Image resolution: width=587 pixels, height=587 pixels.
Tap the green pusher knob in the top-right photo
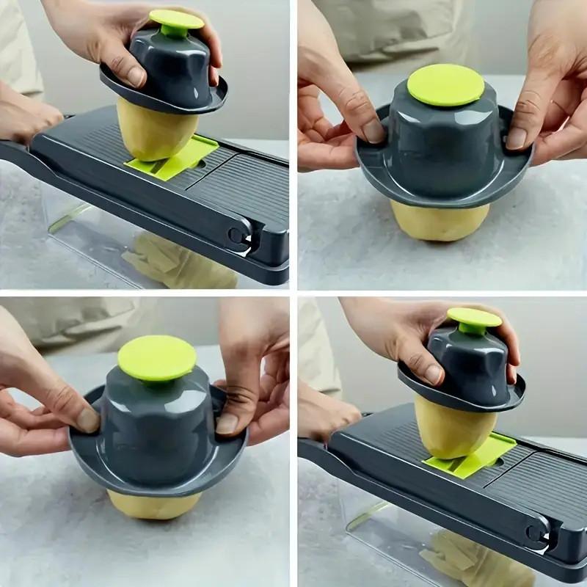(x=445, y=84)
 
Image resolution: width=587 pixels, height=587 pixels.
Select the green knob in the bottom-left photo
(x=156, y=358)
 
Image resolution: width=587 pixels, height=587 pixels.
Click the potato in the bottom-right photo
(x=453, y=426)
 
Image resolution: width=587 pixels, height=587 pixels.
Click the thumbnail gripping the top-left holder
(x=135, y=75)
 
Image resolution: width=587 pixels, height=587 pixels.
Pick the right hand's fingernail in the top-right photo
(x=517, y=138)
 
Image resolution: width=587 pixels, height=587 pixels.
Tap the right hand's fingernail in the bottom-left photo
(x=227, y=423)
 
